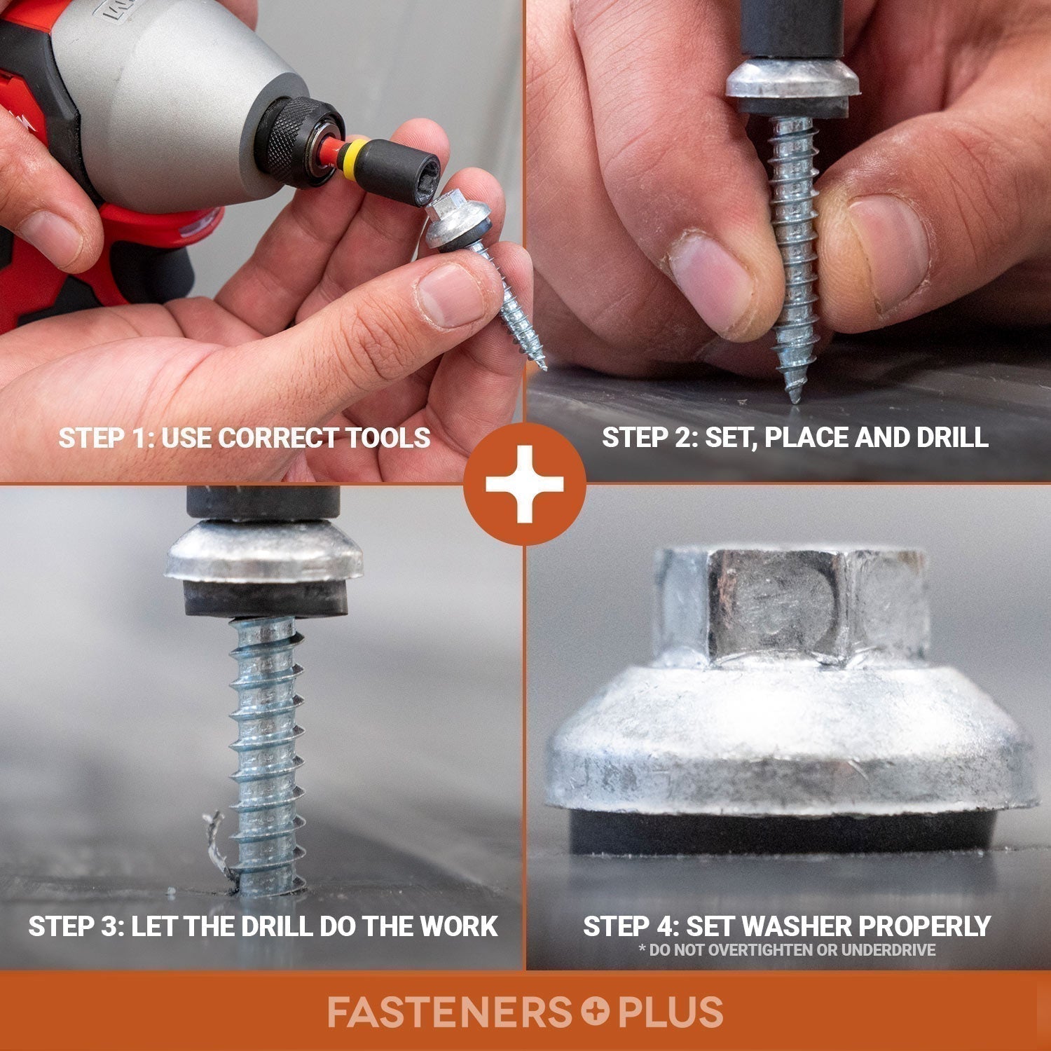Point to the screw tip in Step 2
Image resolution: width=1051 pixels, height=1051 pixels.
(794, 397)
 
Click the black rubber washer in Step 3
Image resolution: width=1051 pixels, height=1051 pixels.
(266, 600)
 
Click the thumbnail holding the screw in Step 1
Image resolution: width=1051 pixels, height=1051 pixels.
(448, 294)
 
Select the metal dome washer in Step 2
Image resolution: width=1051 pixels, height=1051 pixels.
(791, 81)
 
